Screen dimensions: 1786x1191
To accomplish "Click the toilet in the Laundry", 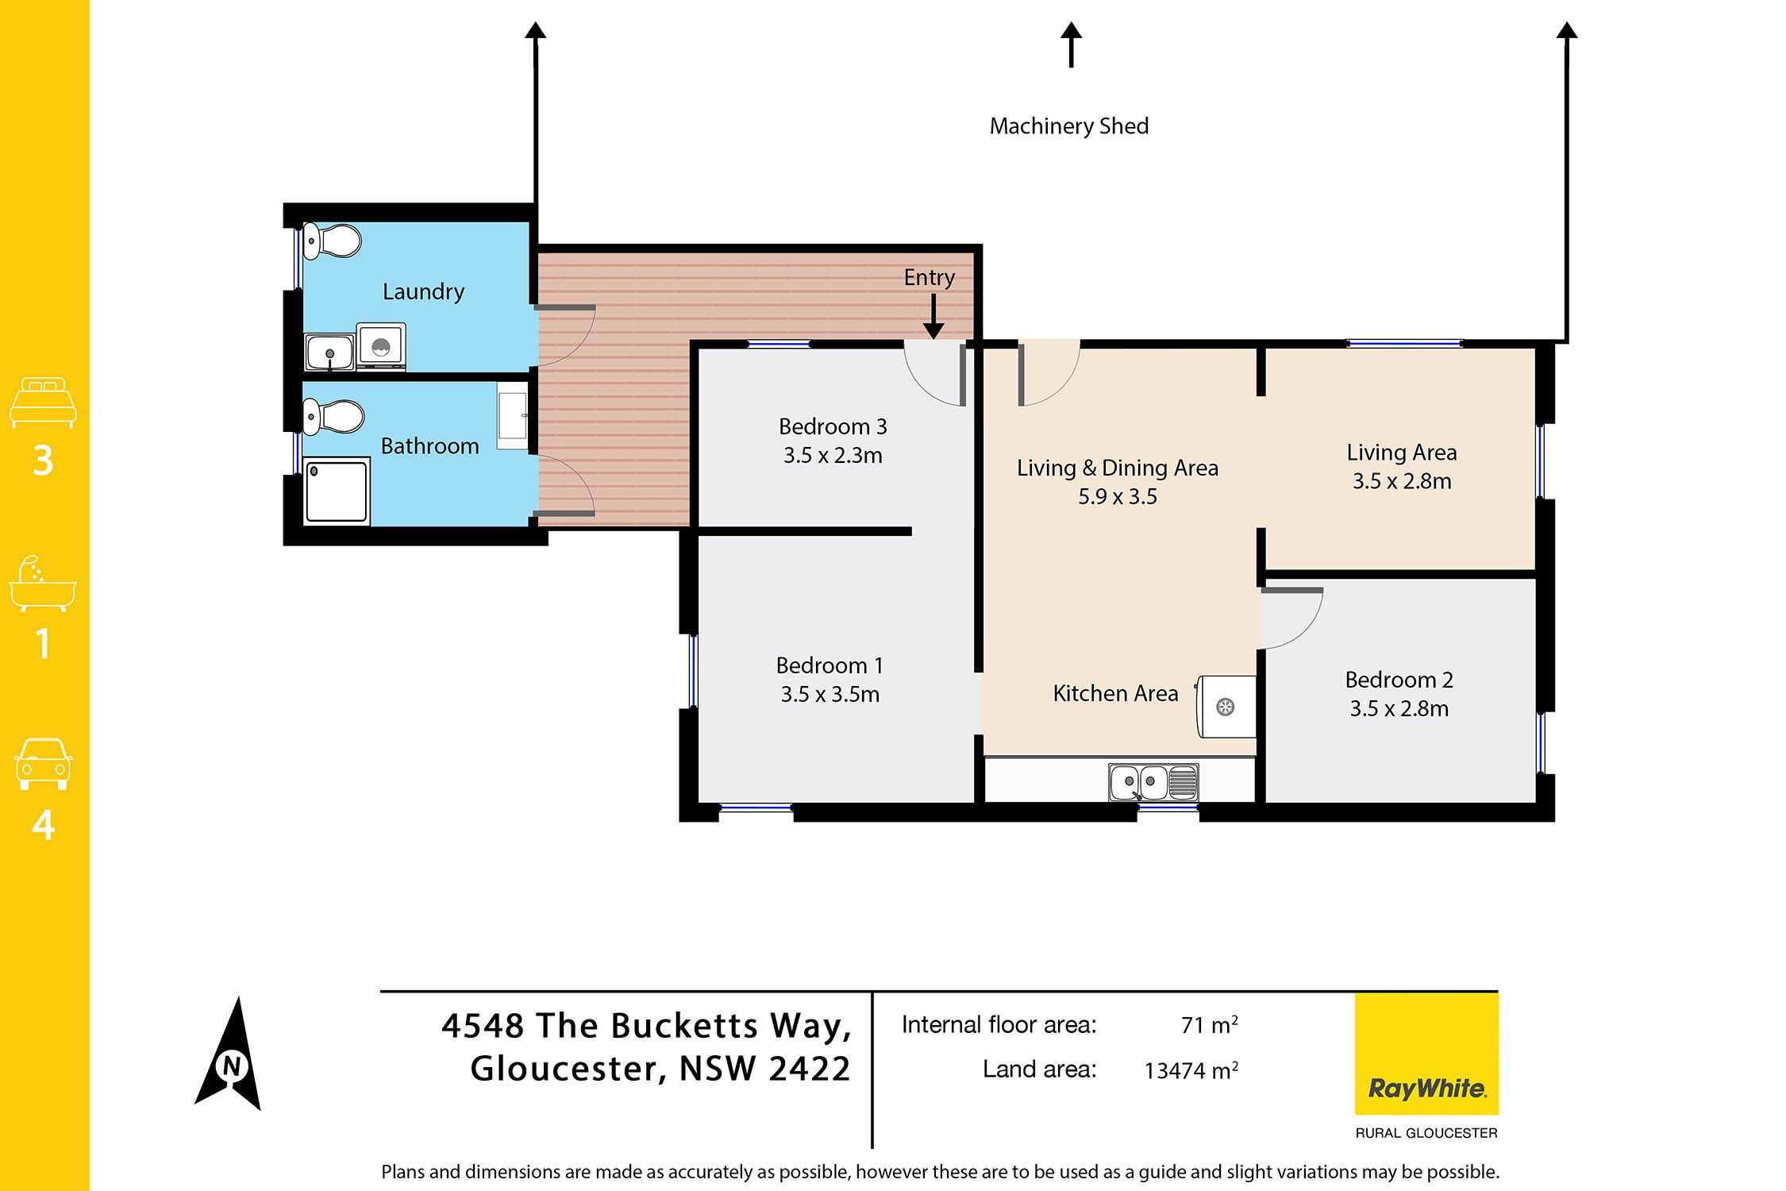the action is tap(332, 241).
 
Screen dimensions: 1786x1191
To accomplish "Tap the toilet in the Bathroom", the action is tap(333, 417).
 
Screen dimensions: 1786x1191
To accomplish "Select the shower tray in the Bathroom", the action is tap(337, 491).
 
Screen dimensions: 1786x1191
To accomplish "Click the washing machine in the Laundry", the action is tap(381, 346).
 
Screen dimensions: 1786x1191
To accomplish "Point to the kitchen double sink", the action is tap(1153, 782).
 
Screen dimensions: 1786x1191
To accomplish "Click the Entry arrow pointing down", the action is tap(933, 316).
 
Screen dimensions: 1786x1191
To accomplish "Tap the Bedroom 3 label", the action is tap(833, 427).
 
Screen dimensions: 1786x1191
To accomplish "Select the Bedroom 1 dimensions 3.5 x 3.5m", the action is tap(830, 695).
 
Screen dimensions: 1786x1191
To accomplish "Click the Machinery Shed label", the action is tap(1069, 126).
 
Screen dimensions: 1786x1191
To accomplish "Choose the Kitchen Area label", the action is tap(1115, 694).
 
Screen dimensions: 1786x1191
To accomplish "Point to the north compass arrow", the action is tap(229, 1054).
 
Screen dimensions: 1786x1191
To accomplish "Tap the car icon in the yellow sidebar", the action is tap(43, 764).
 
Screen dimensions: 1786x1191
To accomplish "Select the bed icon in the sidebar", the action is tap(43, 403).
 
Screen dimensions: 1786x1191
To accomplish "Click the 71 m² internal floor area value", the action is tap(1209, 1025).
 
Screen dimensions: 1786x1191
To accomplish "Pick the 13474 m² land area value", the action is tap(1191, 1070).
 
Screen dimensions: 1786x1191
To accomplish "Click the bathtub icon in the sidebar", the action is tap(43, 584).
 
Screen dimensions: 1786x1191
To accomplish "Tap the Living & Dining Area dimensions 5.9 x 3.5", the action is tap(1118, 497).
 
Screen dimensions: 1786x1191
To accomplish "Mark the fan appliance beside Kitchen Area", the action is tap(1226, 707).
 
